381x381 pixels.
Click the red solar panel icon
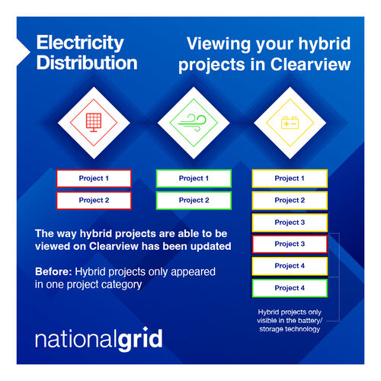pyautogui.click(x=94, y=123)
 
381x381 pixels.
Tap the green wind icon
pyautogui.click(x=193, y=123)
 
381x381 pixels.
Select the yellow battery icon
pyautogui.click(x=290, y=123)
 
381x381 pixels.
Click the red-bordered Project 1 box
pyautogui.click(x=94, y=178)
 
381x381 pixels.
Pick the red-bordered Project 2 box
pyautogui.click(x=94, y=200)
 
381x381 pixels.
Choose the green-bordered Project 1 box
pyautogui.click(x=194, y=178)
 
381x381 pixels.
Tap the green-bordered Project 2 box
pyautogui.click(x=194, y=200)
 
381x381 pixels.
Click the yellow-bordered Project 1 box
pyautogui.click(x=290, y=178)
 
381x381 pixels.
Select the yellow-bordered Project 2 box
pyautogui.click(x=290, y=200)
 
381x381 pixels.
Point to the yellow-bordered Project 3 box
pyautogui.click(x=290, y=223)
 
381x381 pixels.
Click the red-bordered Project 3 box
pyautogui.click(x=290, y=244)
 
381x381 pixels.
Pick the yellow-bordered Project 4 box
pyautogui.click(x=290, y=266)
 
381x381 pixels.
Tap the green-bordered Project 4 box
pyautogui.click(x=290, y=288)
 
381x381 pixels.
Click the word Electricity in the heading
pyautogui.click(x=80, y=43)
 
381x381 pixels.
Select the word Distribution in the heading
pyautogui.click(x=87, y=62)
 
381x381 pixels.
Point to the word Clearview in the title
pyautogui.click(x=310, y=64)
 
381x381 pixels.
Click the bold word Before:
pyautogui.click(x=53, y=271)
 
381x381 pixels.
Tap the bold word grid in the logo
pyautogui.click(x=140, y=339)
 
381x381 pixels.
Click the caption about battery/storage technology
pyautogui.click(x=290, y=321)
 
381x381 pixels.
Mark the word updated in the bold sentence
pyautogui.click(x=211, y=246)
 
